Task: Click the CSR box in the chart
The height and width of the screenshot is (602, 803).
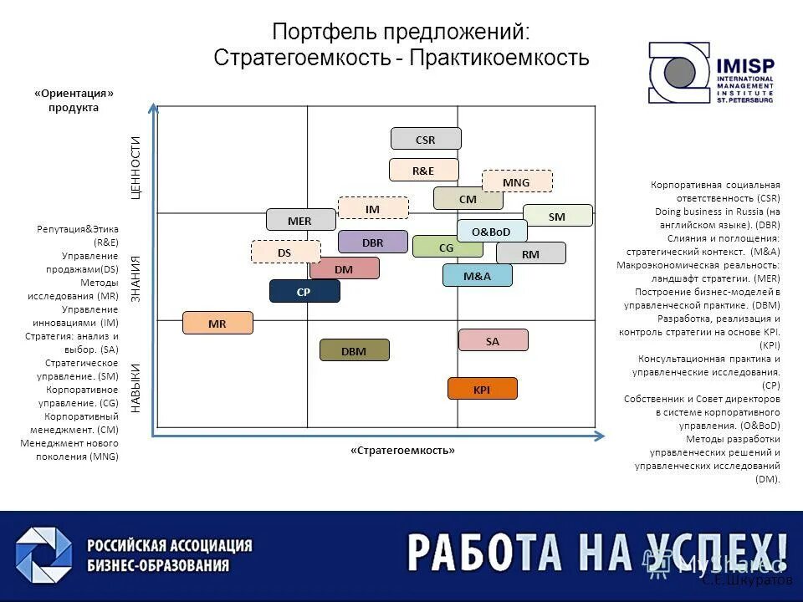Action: (426, 139)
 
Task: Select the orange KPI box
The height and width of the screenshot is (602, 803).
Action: (483, 389)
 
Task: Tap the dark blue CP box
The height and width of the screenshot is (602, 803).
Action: (304, 292)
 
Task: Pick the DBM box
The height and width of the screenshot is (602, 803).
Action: (355, 350)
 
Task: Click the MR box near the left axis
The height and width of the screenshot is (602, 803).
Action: (217, 323)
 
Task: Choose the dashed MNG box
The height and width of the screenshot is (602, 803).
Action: (517, 181)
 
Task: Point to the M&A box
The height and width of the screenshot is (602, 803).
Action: (477, 275)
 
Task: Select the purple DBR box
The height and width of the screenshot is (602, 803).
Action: (373, 242)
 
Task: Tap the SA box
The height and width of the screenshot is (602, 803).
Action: (493, 340)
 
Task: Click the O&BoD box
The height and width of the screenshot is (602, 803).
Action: (492, 231)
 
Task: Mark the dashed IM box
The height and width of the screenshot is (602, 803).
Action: (373, 208)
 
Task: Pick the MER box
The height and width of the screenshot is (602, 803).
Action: (300, 220)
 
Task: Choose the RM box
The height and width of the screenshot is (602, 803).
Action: (530, 253)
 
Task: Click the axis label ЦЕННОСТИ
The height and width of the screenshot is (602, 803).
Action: (136, 168)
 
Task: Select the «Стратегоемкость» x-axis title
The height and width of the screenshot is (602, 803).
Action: (403, 451)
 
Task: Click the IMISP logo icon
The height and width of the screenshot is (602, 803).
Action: (678, 74)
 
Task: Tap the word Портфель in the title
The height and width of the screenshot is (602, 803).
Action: (324, 33)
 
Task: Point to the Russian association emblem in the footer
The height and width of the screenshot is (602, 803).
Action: (43, 556)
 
